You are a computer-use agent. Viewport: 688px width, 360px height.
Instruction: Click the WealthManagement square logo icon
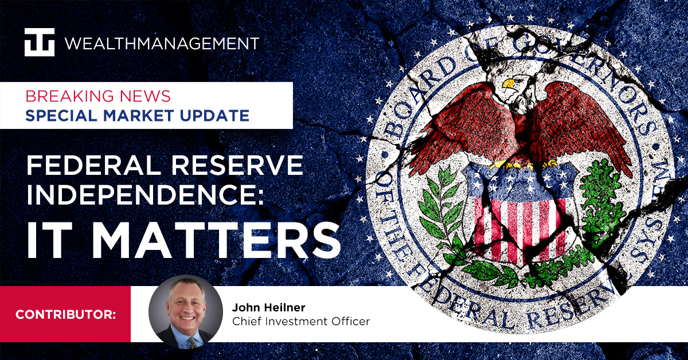coord(40,42)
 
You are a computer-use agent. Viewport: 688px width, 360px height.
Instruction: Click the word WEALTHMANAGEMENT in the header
coord(162,43)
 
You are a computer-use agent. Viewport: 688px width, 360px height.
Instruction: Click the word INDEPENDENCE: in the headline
coord(146,197)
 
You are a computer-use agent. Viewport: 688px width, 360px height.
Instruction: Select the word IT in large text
coord(50,237)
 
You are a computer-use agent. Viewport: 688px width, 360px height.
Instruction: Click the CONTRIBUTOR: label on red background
coord(65,314)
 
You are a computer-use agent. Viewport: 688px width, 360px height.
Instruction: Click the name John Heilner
coord(265,306)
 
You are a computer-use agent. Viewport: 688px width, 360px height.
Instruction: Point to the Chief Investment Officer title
coord(300,322)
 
